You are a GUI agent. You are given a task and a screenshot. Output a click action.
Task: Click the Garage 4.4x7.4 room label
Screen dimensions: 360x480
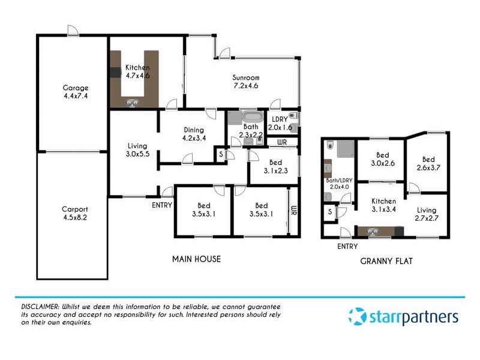pyautogui.click(x=76, y=91)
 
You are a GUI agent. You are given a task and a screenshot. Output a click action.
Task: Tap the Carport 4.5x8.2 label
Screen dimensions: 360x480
pyautogui.click(x=75, y=214)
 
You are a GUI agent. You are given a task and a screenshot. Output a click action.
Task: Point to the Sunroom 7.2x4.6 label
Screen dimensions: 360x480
pyautogui.click(x=246, y=82)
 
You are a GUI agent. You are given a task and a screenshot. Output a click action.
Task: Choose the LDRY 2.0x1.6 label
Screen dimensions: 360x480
pyautogui.click(x=280, y=123)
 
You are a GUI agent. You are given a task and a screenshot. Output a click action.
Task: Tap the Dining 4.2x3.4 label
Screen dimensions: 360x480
pyautogui.click(x=194, y=133)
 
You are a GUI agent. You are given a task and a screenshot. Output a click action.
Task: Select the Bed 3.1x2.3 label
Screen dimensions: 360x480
pyautogui.click(x=275, y=167)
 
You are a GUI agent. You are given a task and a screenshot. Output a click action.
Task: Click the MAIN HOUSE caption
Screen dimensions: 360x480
pyautogui.click(x=196, y=259)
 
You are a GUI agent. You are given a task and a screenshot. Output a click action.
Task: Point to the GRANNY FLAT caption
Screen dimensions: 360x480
pyautogui.click(x=385, y=261)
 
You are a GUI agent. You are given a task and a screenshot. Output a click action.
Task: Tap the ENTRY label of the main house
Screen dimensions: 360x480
pyautogui.click(x=162, y=205)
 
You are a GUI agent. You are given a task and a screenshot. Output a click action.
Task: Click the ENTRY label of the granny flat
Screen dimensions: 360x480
pyautogui.click(x=347, y=247)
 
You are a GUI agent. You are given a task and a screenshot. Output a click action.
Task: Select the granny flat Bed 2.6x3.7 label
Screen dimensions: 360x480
pyautogui.click(x=428, y=164)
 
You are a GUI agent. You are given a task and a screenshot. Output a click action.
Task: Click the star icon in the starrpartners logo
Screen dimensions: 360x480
pyautogui.click(x=357, y=316)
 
